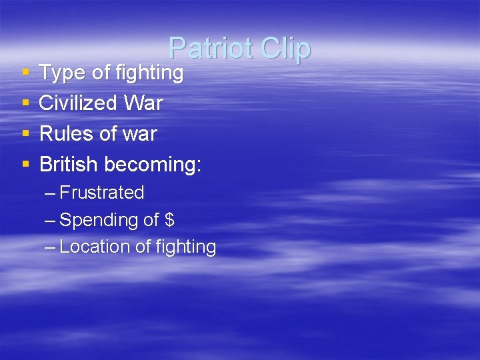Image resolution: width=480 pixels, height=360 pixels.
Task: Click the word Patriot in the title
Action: (x=210, y=48)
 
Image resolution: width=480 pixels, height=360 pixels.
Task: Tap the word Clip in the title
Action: (x=286, y=48)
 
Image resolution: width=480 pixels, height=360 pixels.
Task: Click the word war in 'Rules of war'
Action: (x=139, y=134)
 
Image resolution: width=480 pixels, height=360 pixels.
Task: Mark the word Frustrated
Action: (x=102, y=193)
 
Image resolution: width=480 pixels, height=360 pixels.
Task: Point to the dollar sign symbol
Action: (x=169, y=219)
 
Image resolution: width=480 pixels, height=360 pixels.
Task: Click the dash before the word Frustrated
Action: (x=50, y=193)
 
